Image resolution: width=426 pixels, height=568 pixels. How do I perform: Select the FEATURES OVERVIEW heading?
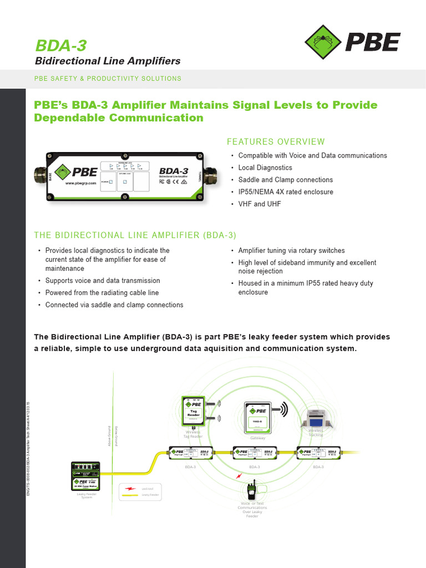tap(276, 142)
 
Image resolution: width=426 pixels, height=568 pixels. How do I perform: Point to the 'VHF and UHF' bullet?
tap(260, 204)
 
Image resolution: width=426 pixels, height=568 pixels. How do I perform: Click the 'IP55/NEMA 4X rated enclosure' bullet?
tap(286, 192)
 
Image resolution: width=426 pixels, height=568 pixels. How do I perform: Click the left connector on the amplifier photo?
tap(41, 177)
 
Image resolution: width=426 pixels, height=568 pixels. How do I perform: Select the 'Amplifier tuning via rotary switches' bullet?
tap(291, 251)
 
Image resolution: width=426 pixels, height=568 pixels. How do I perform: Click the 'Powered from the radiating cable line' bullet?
tap(102, 293)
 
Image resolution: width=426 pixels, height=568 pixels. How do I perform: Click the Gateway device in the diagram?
tap(257, 417)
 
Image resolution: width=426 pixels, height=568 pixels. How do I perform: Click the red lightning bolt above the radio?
tap(239, 476)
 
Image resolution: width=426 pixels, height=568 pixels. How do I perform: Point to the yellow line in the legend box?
tap(131, 494)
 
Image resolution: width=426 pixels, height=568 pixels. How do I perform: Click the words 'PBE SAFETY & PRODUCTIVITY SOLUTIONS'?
tap(108, 79)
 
